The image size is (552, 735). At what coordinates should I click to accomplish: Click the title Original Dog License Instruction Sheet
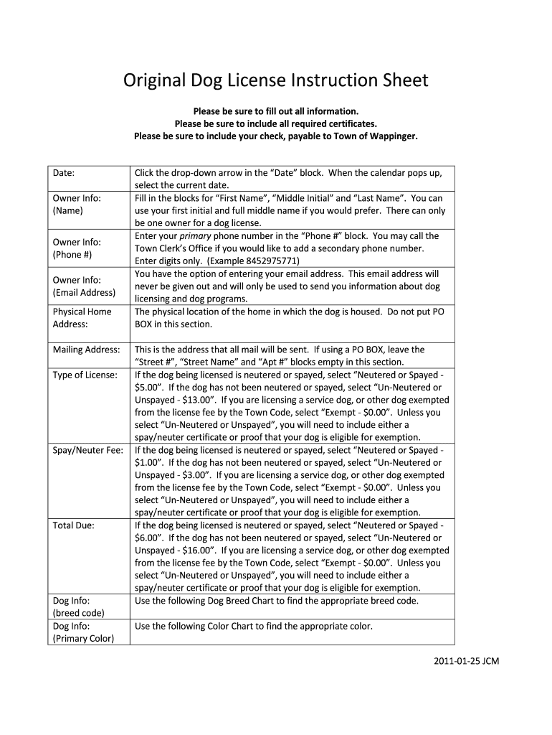click(x=276, y=80)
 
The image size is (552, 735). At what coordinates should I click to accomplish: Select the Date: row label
click(x=65, y=173)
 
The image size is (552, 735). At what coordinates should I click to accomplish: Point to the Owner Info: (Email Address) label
click(x=84, y=286)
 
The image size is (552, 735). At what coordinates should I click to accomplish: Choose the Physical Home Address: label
click(x=82, y=317)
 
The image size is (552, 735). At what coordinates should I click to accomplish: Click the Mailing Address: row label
click(x=86, y=350)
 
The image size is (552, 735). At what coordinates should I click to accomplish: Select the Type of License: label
click(x=85, y=375)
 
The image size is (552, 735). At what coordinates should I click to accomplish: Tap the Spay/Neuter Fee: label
click(x=87, y=450)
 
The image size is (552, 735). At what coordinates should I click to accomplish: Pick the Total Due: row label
click(x=73, y=525)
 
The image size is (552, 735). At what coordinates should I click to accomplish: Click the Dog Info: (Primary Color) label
click(x=83, y=632)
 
